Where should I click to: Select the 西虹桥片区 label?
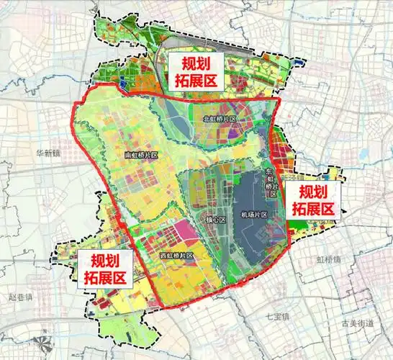pos(176,256)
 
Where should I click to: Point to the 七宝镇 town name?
pos(276,316)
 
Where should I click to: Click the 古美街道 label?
pos(358,324)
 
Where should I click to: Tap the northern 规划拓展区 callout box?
pos(191,70)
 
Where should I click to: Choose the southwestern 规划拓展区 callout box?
pos(105,269)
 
